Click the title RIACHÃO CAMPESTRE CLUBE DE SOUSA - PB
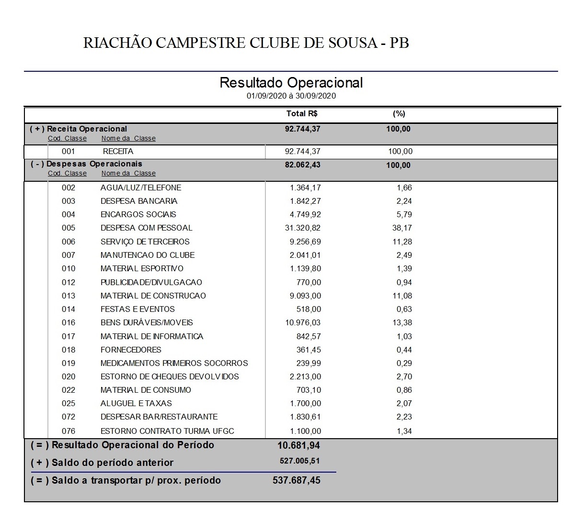point(246,43)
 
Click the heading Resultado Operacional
point(291,82)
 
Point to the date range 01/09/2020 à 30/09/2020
point(291,96)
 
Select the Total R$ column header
point(302,114)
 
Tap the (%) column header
point(399,114)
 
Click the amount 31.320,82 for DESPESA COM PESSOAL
point(303,228)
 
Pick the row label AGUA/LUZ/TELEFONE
point(140,188)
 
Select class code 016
point(69,323)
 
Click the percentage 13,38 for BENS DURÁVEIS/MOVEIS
point(402,323)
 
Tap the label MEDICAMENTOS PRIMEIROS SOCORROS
point(174,364)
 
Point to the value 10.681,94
point(298,446)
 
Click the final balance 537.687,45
point(297,481)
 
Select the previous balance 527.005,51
point(299,462)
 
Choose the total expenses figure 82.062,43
point(302,165)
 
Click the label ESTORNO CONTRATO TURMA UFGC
point(167,431)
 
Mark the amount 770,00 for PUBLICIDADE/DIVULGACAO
point(309,283)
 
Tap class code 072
point(69,417)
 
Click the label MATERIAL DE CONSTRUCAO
point(153,296)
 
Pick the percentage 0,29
point(404,364)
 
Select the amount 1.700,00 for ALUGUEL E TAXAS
point(305,404)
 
